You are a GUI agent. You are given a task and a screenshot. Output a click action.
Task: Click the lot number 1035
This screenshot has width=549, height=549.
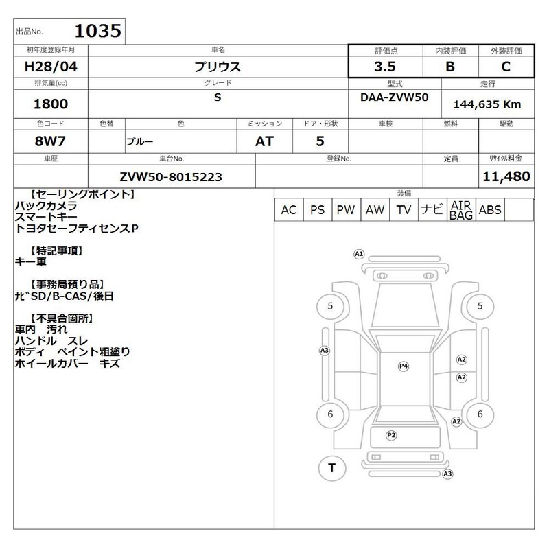tap(98, 31)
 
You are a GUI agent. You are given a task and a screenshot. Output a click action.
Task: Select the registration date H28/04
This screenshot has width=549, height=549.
tap(51, 67)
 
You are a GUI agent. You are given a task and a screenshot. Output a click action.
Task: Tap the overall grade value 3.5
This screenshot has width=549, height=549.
tap(385, 67)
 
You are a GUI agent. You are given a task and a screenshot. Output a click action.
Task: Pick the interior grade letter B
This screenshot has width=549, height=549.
tap(450, 67)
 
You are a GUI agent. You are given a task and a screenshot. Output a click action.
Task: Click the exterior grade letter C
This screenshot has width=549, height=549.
tap(506, 67)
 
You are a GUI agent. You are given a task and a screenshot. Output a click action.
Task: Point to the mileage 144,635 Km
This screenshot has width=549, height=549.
tap(487, 104)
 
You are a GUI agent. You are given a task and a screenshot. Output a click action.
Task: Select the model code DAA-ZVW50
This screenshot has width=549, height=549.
tap(394, 97)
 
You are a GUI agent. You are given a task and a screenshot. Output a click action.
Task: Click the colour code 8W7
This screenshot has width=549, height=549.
tap(50, 141)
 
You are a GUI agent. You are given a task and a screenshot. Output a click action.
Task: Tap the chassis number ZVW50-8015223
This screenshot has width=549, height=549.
tap(171, 177)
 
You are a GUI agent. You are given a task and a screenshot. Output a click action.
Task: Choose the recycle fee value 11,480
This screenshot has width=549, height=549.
tap(506, 176)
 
